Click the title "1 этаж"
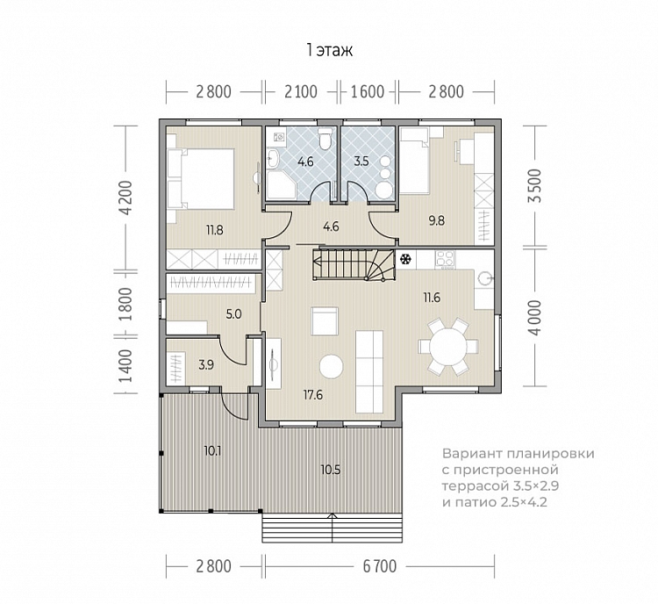pyautogui.click(x=329, y=50)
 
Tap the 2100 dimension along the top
pyautogui.click(x=301, y=91)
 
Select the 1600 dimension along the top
pyautogui.click(x=368, y=91)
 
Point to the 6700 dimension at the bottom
pyautogui.click(x=379, y=566)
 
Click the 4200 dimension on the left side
pyautogui.click(x=125, y=198)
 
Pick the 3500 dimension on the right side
pyautogui.click(x=535, y=186)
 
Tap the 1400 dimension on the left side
pyautogui.click(x=125, y=366)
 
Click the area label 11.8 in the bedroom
pyautogui.click(x=214, y=230)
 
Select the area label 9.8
pyautogui.click(x=436, y=220)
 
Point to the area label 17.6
pyautogui.click(x=313, y=395)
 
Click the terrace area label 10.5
pyautogui.click(x=331, y=470)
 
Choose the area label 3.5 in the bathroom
pyautogui.click(x=361, y=161)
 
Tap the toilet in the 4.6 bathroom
pyautogui.click(x=325, y=138)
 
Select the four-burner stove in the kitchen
pyautogui.click(x=445, y=258)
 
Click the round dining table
pyautogui.click(x=448, y=347)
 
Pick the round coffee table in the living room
pyautogui.click(x=331, y=367)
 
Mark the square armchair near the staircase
pyautogui.click(x=325, y=321)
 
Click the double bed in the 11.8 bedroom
pyautogui.click(x=201, y=178)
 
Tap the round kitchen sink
pyautogui.click(x=484, y=277)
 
